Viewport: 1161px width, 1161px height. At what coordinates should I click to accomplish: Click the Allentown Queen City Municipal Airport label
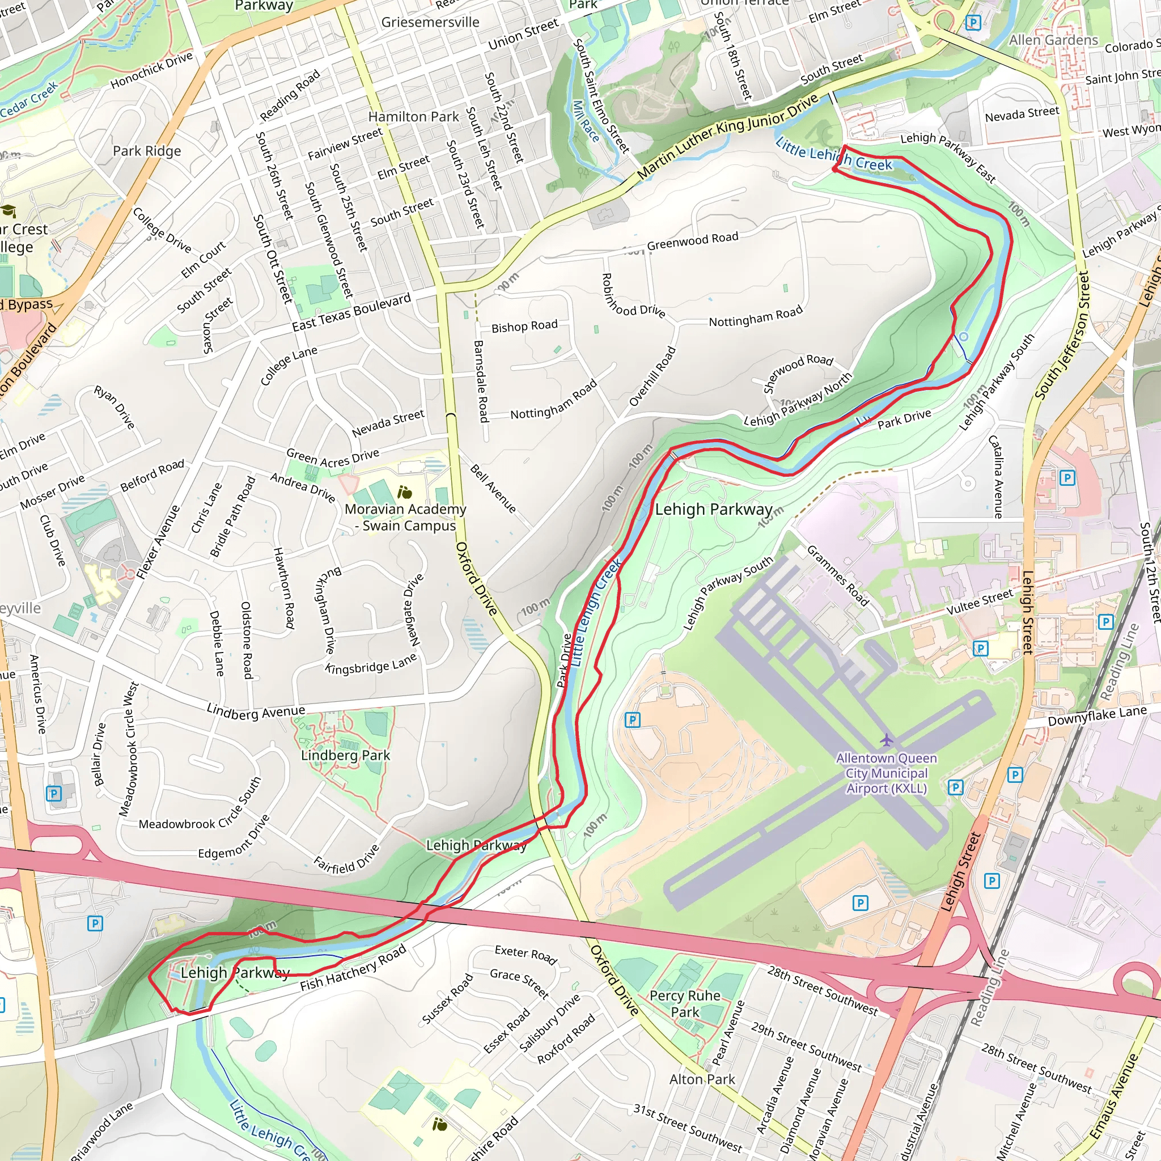click(887, 773)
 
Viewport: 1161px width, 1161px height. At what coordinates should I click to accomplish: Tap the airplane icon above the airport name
click(887, 739)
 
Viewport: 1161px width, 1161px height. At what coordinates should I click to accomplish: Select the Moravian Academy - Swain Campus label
click(406, 518)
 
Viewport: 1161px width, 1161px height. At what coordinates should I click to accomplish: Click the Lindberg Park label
click(346, 755)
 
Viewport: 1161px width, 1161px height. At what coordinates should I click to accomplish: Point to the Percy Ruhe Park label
click(685, 1004)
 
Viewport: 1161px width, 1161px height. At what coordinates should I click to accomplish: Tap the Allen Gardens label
click(1053, 40)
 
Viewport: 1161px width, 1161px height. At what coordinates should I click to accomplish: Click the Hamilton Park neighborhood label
click(413, 117)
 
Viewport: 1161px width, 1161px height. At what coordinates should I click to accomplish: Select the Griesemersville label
click(430, 23)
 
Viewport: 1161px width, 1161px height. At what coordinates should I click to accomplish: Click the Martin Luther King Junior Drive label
click(727, 136)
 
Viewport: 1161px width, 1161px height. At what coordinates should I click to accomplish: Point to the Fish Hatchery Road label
click(353, 968)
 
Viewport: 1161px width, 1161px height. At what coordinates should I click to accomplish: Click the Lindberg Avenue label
click(256, 712)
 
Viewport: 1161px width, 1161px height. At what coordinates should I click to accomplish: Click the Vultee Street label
click(980, 602)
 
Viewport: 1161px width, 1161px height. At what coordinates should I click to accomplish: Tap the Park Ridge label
click(147, 151)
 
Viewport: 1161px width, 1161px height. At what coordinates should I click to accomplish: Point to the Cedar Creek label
click(29, 100)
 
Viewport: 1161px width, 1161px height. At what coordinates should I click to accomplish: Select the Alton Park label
click(702, 1079)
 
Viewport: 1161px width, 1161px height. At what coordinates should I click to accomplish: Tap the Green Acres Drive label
click(332, 457)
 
